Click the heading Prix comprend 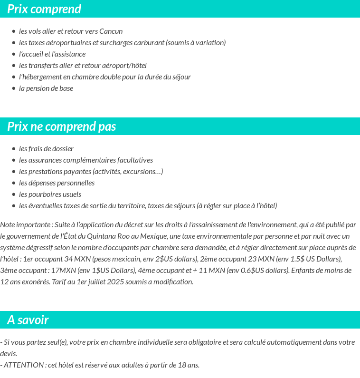(44, 9)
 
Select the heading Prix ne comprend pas (62, 126)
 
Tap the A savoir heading (28, 320)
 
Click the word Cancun (111, 31)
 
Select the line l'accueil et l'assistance (52, 54)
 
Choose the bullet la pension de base (46, 88)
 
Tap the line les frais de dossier (46, 149)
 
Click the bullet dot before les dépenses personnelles (14, 183)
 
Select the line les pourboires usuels (50, 194)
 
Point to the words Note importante (26, 224)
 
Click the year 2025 (116, 282)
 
